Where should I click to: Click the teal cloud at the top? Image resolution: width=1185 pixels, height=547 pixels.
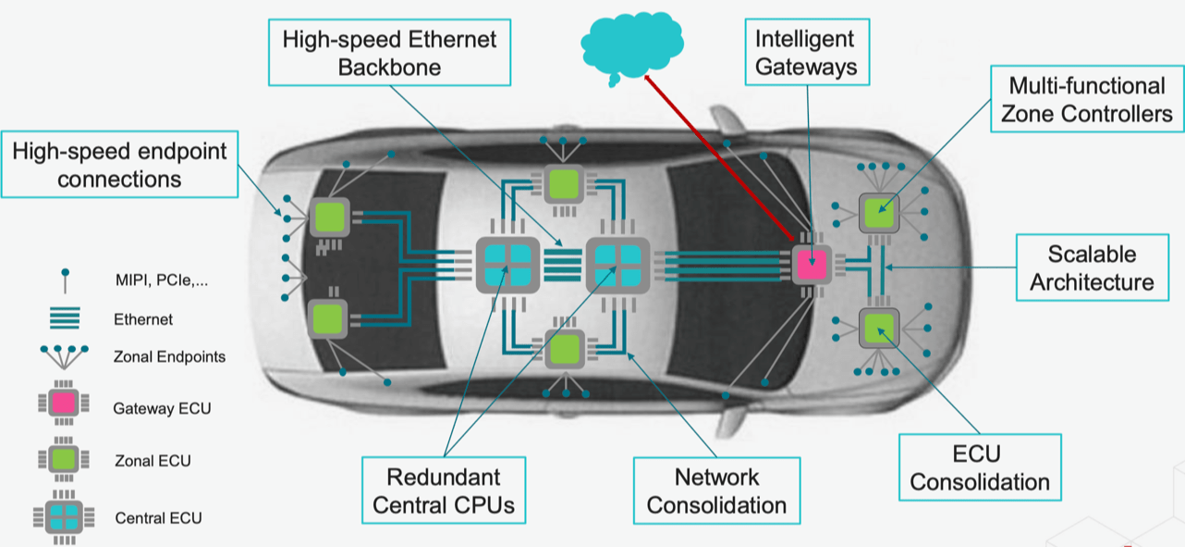point(632,47)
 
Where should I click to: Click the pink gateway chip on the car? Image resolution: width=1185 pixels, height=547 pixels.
point(812,265)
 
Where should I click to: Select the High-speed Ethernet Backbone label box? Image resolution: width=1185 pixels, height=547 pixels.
point(389,53)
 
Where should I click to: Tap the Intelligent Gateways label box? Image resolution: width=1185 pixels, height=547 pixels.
point(807,52)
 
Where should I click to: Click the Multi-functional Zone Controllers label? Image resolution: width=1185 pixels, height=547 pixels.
point(1087,99)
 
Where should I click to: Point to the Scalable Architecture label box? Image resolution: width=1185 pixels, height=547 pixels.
point(1092,267)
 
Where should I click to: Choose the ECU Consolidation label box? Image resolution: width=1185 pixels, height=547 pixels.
point(980,467)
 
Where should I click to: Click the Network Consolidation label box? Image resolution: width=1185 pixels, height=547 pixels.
point(716,491)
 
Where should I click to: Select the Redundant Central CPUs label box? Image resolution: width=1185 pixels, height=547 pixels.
point(444,491)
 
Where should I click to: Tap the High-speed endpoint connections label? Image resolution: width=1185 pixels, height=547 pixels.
point(119,164)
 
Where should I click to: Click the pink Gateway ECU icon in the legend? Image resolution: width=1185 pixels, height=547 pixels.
point(64,403)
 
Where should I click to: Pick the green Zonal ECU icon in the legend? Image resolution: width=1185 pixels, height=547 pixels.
point(64,459)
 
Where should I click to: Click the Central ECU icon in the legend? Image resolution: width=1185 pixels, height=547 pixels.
point(64,517)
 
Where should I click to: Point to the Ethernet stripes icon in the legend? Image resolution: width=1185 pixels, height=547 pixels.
point(65,317)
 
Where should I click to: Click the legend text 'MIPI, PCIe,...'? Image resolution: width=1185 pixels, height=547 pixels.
point(162,280)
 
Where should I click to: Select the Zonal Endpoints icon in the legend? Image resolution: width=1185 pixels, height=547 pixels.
point(64,357)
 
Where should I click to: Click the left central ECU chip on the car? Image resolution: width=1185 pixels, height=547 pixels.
point(507,265)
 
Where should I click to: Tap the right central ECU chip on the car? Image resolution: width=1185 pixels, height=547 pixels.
point(617,265)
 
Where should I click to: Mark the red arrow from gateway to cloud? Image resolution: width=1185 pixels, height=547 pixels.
point(718,157)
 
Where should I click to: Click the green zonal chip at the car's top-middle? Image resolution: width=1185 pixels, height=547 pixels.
point(564,185)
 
